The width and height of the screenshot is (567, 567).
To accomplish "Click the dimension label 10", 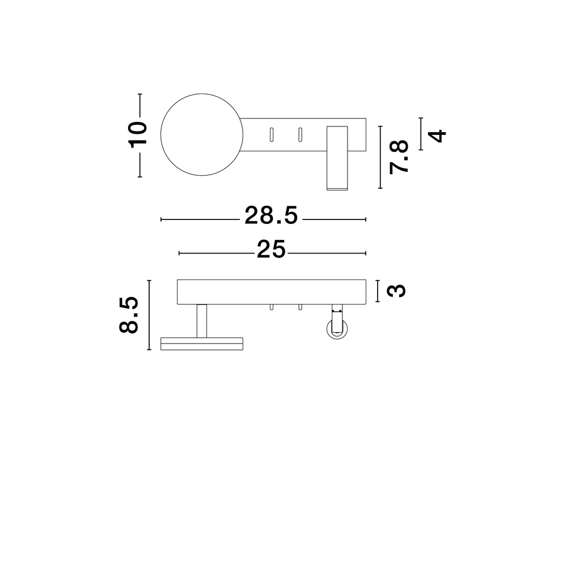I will [x=138, y=134].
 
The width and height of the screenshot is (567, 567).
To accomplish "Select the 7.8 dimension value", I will [x=399, y=157].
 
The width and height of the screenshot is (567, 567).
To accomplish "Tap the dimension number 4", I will [x=438, y=136].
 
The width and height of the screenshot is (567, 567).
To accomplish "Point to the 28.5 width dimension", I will [x=270, y=216].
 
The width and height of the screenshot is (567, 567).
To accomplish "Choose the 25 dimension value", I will [x=270, y=249].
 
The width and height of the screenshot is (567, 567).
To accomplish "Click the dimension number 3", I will [x=397, y=290].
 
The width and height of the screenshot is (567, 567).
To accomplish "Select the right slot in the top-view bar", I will [x=300, y=134].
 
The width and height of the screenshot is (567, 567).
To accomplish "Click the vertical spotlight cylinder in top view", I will [x=337, y=156].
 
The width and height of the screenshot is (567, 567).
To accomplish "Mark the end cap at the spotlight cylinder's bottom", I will [x=337, y=186].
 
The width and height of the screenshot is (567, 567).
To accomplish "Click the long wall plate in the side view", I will [x=272, y=291].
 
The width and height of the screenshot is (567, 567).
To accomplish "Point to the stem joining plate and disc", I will [x=201, y=320].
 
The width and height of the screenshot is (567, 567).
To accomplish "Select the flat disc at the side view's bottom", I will [x=202, y=344].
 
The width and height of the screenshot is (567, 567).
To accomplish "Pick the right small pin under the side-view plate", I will [x=300, y=307].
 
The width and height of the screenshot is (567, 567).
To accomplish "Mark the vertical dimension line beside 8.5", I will [x=149, y=315].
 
